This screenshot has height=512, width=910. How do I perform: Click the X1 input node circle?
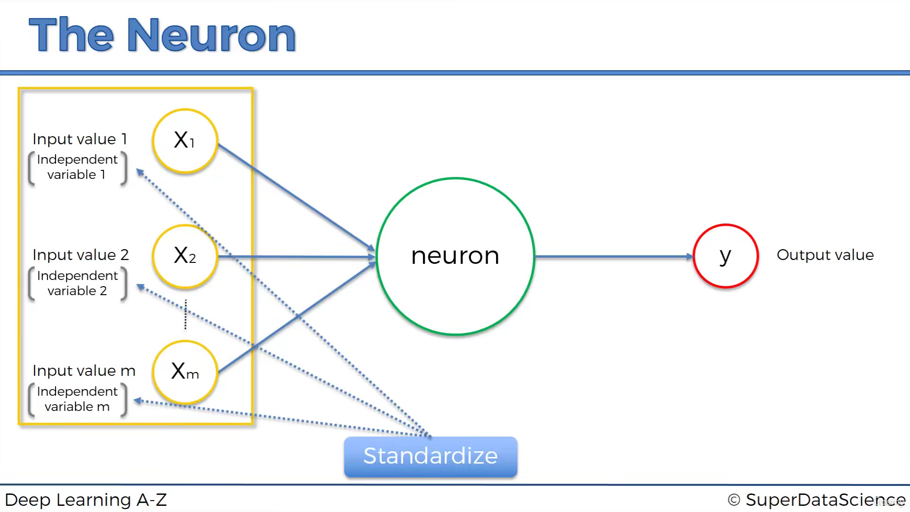click(x=185, y=141)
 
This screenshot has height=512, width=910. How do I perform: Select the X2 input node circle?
click(x=185, y=256)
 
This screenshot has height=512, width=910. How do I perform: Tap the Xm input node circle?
click(x=185, y=372)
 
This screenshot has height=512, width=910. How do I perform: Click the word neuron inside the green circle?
click(x=455, y=256)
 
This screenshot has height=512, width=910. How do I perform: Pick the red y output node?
click(x=725, y=256)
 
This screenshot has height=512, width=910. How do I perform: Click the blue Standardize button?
click(x=430, y=456)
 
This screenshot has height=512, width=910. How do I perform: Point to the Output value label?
click(x=825, y=255)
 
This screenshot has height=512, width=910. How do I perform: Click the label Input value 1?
click(x=80, y=139)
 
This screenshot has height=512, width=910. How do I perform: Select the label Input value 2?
click(x=81, y=255)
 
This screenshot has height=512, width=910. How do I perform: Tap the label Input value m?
click(x=84, y=371)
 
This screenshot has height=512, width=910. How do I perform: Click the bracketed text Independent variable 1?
click(x=77, y=167)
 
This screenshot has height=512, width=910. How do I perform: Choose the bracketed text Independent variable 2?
click(x=77, y=283)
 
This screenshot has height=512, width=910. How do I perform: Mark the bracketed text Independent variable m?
click(x=77, y=399)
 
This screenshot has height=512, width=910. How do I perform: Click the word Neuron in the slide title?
click(x=211, y=35)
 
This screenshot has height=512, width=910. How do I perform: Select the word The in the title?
click(x=71, y=35)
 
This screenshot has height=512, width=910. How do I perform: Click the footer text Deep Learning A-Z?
click(x=86, y=500)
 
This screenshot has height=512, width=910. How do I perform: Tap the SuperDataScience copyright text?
click(x=816, y=500)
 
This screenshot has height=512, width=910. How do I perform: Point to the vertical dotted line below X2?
click(x=185, y=314)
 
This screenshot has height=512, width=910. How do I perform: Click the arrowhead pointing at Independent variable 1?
click(x=140, y=172)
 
